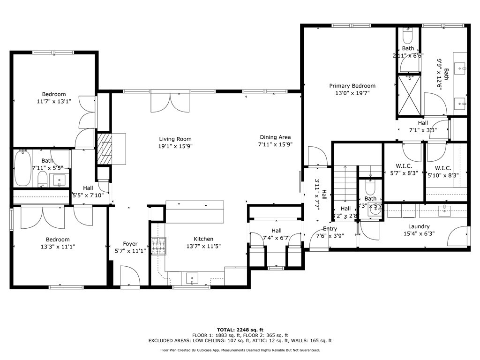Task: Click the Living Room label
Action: coord(175,139)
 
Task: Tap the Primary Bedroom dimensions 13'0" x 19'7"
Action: coord(352,93)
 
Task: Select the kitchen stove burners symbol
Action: coord(158,246)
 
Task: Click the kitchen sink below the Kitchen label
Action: coord(193,278)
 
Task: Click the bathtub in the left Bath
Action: coord(22,168)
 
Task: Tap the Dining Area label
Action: coord(275,137)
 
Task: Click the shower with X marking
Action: coord(410,95)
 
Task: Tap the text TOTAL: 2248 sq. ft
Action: coord(240,330)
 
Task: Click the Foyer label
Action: coord(130,244)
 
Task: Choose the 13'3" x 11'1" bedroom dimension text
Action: coord(58,247)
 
